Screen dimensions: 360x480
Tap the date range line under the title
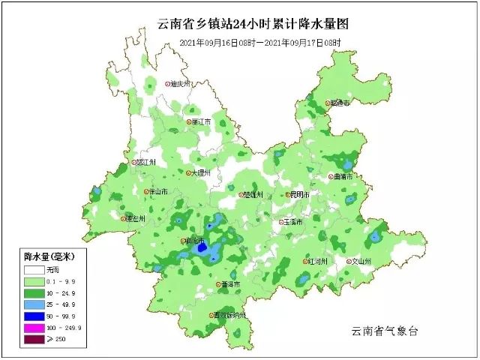[x=260, y=43]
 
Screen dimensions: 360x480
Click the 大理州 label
[x=201, y=172]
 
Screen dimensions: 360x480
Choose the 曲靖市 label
[x=345, y=177]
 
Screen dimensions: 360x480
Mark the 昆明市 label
[x=298, y=195]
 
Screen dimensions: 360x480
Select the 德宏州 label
[x=136, y=219]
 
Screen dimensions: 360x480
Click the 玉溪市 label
[x=292, y=222]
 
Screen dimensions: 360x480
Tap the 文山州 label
[x=361, y=262]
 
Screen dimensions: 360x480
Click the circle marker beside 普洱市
[x=217, y=285]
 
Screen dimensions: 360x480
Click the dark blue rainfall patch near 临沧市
[x=202, y=247]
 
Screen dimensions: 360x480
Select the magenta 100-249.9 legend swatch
[x=34, y=328]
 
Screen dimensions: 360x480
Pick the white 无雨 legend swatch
[x=34, y=268]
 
